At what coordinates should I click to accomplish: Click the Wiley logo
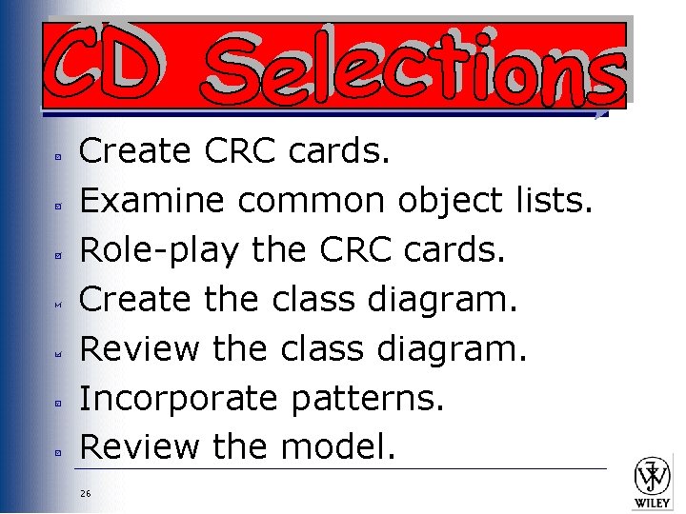[653, 482]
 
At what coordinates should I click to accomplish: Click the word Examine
[151, 200]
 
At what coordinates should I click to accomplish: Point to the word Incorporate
[177, 397]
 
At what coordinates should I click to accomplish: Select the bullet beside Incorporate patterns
[57, 403]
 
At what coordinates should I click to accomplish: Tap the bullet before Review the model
[57, 452]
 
